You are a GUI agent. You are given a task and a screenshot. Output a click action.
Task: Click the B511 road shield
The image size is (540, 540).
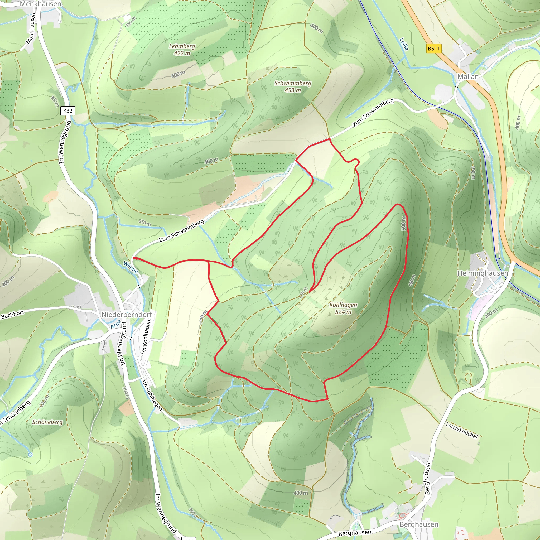(433, 49)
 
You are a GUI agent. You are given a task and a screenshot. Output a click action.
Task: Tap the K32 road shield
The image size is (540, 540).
(68, 111)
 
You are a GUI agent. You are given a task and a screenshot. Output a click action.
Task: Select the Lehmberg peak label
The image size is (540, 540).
(182, 46)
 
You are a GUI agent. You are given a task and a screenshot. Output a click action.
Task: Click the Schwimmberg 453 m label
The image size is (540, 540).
(293, 87)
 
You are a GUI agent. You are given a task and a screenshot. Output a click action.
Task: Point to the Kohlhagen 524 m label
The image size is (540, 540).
(343, 308)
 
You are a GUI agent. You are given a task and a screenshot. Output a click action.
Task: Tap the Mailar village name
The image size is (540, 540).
(467, 76)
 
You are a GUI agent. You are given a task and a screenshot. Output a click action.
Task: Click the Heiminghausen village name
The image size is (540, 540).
(483, 273)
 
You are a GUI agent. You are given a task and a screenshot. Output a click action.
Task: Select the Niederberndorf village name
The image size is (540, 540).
(127, 315)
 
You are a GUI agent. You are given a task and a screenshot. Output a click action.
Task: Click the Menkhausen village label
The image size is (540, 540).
(41, 4)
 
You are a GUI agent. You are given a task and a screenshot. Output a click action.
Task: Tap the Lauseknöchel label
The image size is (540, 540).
(461, 430)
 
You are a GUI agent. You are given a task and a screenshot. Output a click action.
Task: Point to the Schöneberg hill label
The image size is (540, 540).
(47, 422)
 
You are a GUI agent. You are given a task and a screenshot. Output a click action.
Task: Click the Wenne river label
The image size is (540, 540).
(131, 267)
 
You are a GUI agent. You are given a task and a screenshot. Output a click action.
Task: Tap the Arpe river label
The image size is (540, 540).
(116, 324)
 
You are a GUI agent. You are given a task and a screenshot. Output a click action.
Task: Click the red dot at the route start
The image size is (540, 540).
(134, 258)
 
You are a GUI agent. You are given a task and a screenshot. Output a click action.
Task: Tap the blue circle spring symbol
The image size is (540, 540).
(30, 455)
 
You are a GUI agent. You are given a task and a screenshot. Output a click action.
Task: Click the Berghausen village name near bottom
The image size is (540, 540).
(419, 524)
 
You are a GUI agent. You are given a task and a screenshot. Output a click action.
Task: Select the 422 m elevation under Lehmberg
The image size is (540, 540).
(182, 53)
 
